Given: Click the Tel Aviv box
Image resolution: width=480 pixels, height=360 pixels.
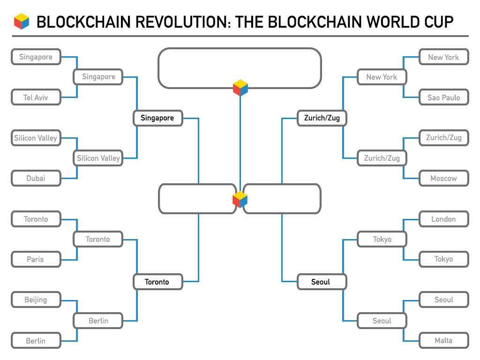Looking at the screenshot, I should pos(36,98).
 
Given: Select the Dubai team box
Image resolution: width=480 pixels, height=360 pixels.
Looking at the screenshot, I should pos(36,179).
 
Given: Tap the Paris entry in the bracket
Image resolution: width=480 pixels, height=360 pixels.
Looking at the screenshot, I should pos(36,259).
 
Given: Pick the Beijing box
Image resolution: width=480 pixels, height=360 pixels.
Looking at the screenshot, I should pos(36,300).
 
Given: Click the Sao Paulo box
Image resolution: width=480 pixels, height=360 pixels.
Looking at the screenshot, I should pos(443,98).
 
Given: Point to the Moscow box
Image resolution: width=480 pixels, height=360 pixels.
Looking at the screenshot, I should pos(443,179).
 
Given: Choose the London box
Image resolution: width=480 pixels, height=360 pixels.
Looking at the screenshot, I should pos(443,219).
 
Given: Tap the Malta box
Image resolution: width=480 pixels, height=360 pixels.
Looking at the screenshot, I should pos(443,341).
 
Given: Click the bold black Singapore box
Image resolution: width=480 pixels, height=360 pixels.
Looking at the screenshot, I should pos(157,118).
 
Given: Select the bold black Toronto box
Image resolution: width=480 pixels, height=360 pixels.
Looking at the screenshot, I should pos(157,282).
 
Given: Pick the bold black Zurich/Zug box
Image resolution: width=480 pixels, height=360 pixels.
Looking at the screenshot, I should pos(322,118).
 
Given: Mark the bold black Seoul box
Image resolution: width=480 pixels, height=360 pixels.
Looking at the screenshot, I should pos(322,282).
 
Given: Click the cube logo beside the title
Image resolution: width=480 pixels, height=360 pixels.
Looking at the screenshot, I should pos(22,22).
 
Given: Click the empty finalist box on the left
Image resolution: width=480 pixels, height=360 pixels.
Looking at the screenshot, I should pos(197,199).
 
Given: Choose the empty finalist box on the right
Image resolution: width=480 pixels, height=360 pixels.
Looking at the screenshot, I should pos(282,199).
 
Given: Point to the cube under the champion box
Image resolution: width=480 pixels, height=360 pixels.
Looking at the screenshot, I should pos(240,88).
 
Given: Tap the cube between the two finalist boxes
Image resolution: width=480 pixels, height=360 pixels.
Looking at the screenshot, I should pos(240,200).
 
